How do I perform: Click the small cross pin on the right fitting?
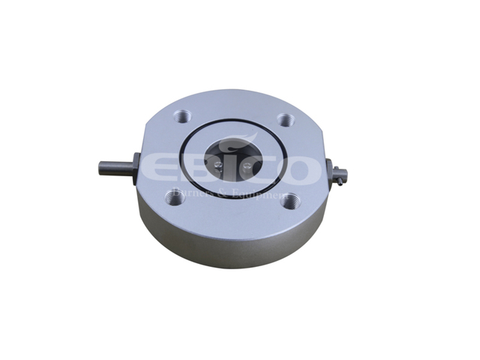343,175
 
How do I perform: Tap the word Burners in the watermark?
191,193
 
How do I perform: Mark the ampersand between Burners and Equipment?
219,193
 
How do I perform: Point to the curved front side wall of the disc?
232,240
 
